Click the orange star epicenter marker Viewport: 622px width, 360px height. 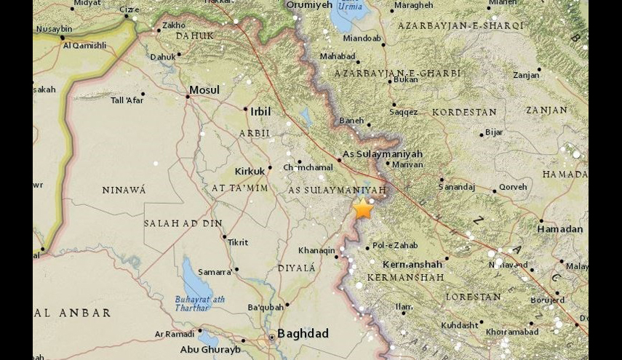tap(362, 209)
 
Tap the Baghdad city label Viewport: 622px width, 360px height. tap(303, 334)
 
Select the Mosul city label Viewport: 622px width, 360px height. tap(204, 90)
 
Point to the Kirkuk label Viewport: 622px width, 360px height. tap(250, 172)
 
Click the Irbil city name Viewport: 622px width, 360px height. tap(260, 112)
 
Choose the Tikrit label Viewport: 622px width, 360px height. tap(238, 242)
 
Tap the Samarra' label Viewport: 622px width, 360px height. tap(215, 272)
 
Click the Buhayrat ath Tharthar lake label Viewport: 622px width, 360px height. tap(200, 303)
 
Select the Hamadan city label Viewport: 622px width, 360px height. tap(560, 228)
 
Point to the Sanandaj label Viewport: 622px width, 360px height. tap(457, 187)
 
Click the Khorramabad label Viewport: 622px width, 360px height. tap(511, 332)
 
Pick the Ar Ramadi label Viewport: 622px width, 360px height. tap(174, 334)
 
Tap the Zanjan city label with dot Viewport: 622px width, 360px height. tap(526, 75)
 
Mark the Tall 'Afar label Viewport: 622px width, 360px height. tap(127, 100)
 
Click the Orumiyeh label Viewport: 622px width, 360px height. tap(309, 4)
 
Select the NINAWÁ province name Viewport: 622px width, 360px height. tap(124, 190)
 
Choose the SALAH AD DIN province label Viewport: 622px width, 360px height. tap(183, 223)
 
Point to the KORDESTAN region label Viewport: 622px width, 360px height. tap(464, 113)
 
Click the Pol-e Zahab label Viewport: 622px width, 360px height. tap(395, 246)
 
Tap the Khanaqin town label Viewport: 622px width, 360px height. tap(316, 251)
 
